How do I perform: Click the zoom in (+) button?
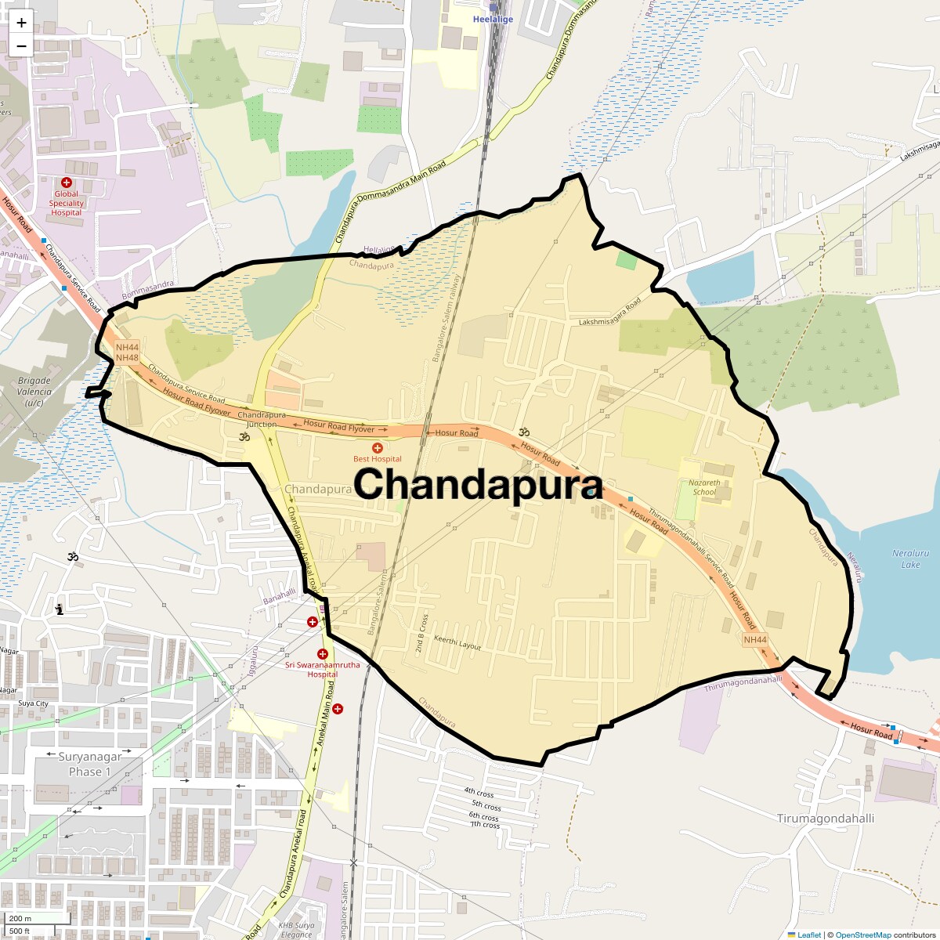coord(21,23)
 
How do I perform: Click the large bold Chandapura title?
coord(478,484)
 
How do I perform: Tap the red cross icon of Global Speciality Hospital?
coord(67,183)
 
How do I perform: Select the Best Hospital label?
coord(377,459)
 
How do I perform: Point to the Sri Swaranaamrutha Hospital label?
coord(322,670)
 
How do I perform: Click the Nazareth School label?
coord(704,487)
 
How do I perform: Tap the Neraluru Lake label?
coord(910,559)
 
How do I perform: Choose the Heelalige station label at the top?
coord(493,20)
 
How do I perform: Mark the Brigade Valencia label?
coord(34,392)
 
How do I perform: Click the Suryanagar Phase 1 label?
coord(90,764)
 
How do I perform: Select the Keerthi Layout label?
coord(457,643)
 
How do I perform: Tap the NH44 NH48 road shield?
coord(127,352)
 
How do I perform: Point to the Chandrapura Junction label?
coord(262,420)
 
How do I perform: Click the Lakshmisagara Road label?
coord(609,312)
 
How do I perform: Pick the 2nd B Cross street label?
coord(421,633)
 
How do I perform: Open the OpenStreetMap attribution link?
coord(862,935)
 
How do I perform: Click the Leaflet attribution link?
coord(809,935)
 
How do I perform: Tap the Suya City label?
coord(33,703)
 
